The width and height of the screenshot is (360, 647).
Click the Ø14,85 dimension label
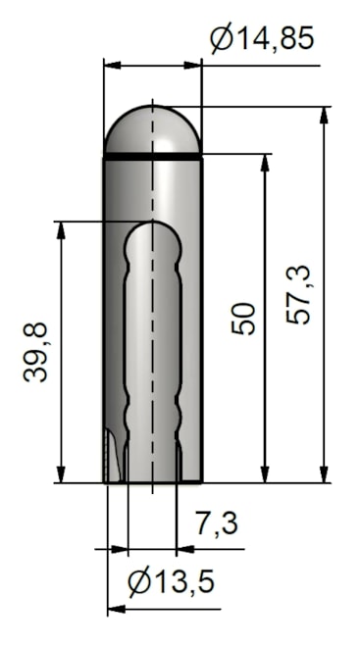[x=262, y=38]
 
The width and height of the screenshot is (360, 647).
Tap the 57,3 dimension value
[x=298, y=295]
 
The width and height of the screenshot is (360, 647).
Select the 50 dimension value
[x=243, y=319]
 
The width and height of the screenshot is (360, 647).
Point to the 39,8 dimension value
[x=35, y=352]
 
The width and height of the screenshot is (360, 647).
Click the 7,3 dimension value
[x=216, y=523]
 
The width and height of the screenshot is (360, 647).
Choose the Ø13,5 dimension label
[x=171, y=581]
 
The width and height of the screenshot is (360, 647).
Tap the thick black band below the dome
[x=152, y=157]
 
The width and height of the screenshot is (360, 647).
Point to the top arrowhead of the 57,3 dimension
[x=324, y=115]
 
